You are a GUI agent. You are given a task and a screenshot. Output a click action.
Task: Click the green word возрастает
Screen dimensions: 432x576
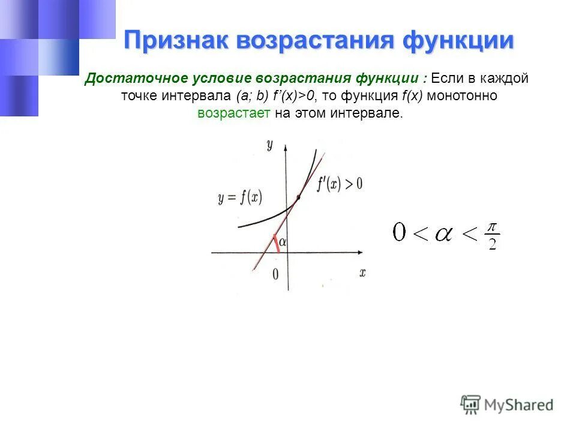pos(234,113)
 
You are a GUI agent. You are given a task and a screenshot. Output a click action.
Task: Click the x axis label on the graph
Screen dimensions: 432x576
pos(362,272)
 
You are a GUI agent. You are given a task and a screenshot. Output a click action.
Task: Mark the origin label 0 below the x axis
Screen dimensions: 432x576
pos(275,274)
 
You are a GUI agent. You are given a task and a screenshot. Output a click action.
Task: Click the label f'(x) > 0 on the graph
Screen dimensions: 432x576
pos(340,184)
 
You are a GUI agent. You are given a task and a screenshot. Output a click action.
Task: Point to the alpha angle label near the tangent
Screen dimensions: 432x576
pos(282,241)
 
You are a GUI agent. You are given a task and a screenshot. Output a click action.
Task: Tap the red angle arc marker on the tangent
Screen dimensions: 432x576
pos(275,243)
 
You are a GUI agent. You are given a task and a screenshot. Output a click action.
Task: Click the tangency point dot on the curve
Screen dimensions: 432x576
pos(299,196)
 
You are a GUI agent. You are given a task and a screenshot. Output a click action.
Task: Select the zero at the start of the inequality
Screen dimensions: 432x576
pos(399,232)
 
